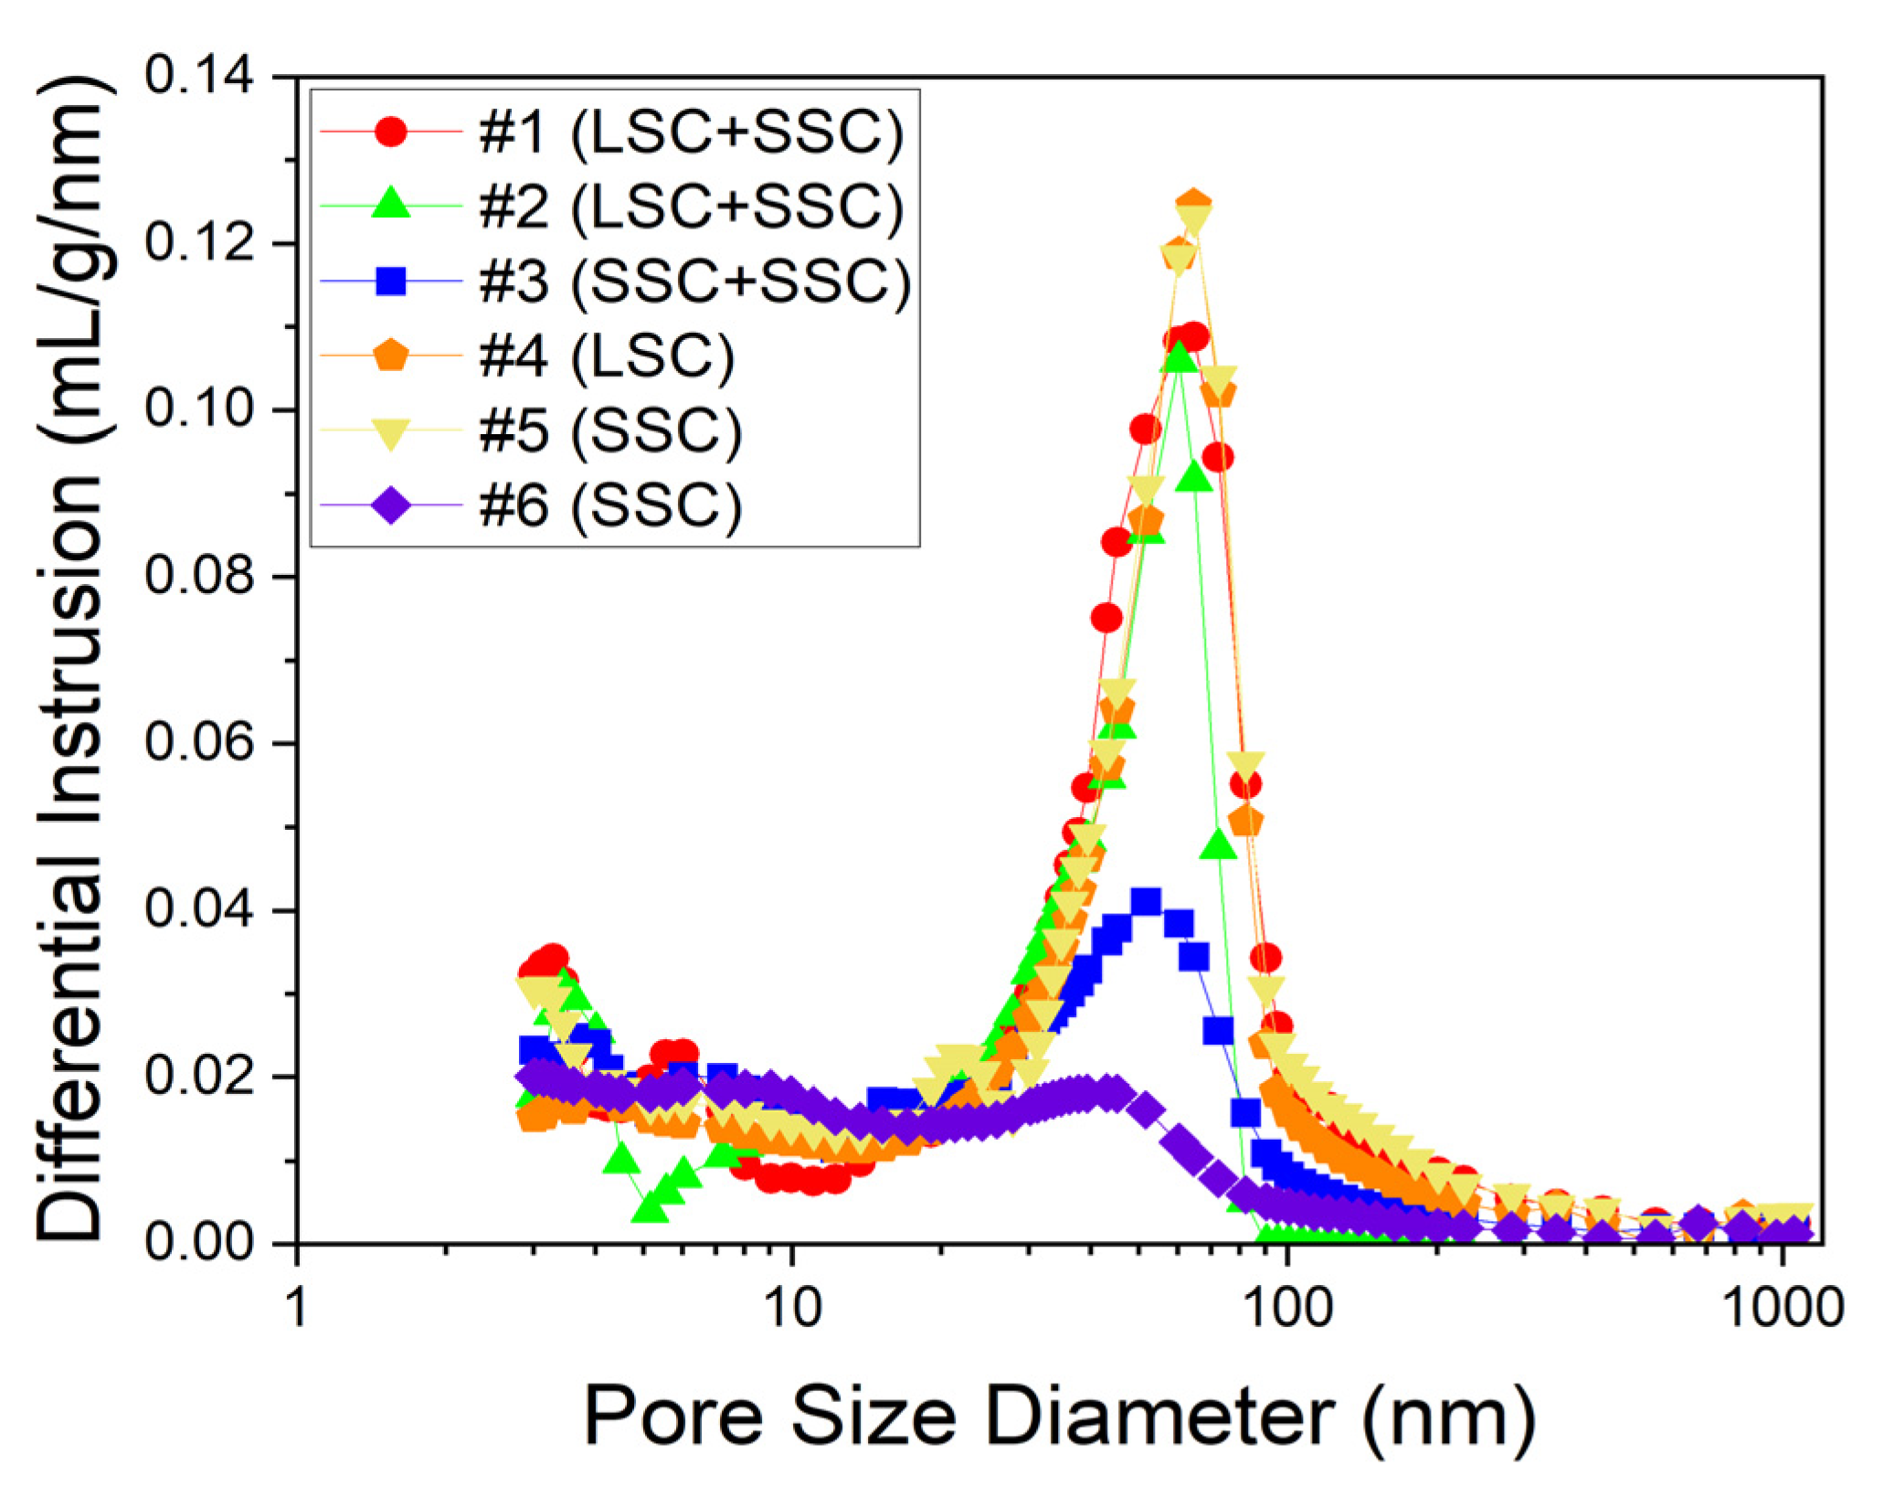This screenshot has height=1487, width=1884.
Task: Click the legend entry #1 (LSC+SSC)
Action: coord(691,133)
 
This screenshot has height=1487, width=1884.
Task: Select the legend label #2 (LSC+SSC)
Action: coord(691,207)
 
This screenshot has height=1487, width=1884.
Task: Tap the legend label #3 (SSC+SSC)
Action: coord(694,281)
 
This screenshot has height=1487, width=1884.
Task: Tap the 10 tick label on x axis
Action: coord(792,1308)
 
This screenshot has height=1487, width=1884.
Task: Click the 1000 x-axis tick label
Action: coord(1783,1308)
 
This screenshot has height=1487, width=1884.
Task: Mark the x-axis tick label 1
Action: coord(297,1308)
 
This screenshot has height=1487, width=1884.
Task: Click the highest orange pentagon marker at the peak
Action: coord(1193,204)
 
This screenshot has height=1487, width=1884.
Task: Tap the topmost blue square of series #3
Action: coord(1146,902)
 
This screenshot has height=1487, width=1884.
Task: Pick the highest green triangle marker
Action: coord(1179,355)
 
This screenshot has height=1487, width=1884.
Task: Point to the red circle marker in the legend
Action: coord(391,132)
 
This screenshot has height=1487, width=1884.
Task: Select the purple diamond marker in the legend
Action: coord(391,505)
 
